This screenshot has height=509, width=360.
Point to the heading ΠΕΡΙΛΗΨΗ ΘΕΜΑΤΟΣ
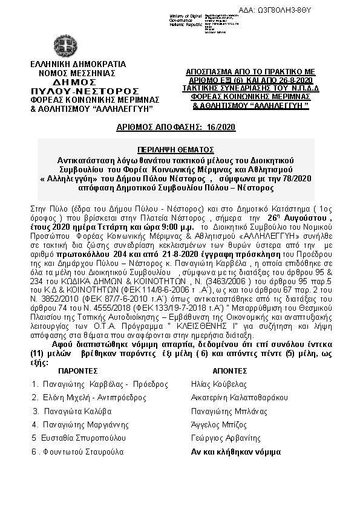[180, 148]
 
